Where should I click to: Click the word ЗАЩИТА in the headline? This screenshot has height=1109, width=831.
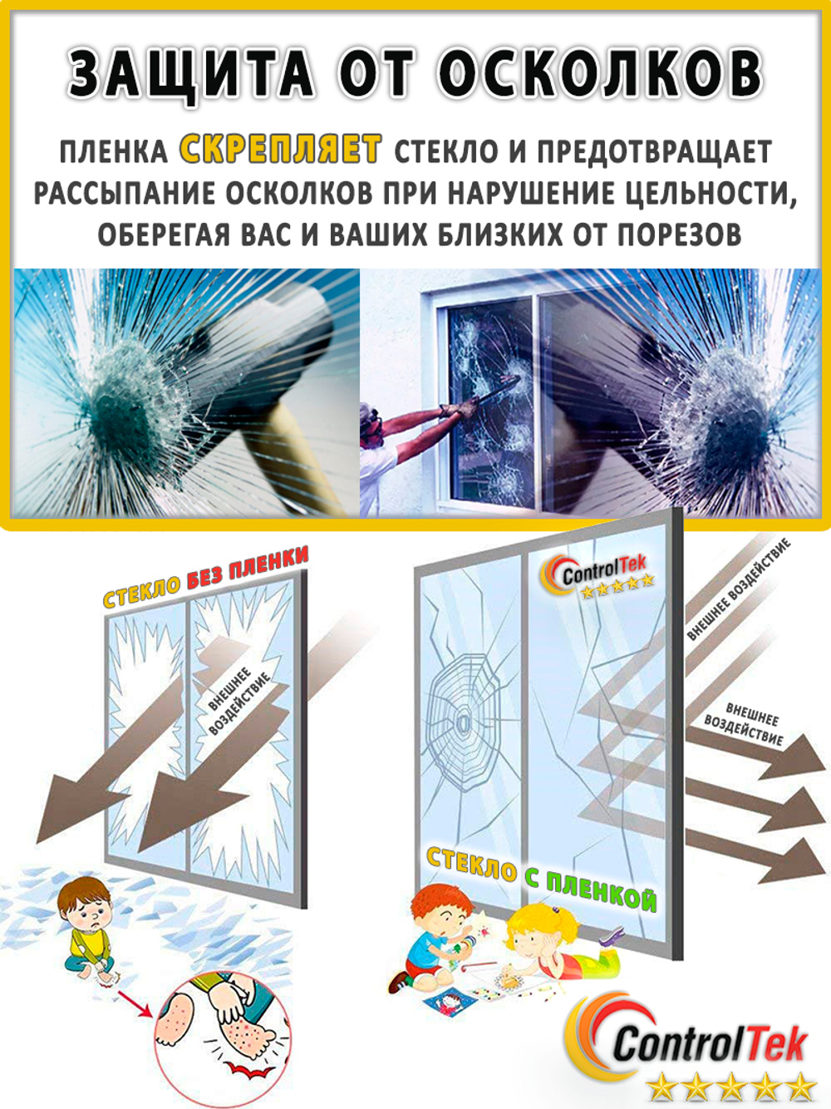(x=190, y=73)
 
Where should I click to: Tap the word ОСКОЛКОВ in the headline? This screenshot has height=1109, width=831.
(x=600, y=73)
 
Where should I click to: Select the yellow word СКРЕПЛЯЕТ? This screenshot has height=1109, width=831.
(x=281, y=150)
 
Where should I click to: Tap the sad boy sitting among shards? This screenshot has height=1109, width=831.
(x=87, y=927)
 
